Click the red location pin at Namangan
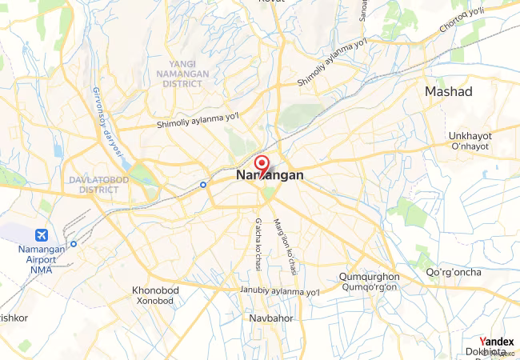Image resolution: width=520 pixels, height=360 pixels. tap(261, 162)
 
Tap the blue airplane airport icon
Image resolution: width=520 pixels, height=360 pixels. tap(42, 236)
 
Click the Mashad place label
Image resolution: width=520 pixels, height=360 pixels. tap(449, 92)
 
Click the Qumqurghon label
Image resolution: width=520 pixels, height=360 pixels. tap(370, 277)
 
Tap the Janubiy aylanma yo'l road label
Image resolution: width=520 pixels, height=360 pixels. tap(280, 291)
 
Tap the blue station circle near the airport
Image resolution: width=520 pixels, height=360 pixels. tap(74, 244)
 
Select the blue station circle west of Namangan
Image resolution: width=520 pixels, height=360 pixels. tap(203, 184)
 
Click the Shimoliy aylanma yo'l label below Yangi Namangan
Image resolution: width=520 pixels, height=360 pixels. tap(198, 121)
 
